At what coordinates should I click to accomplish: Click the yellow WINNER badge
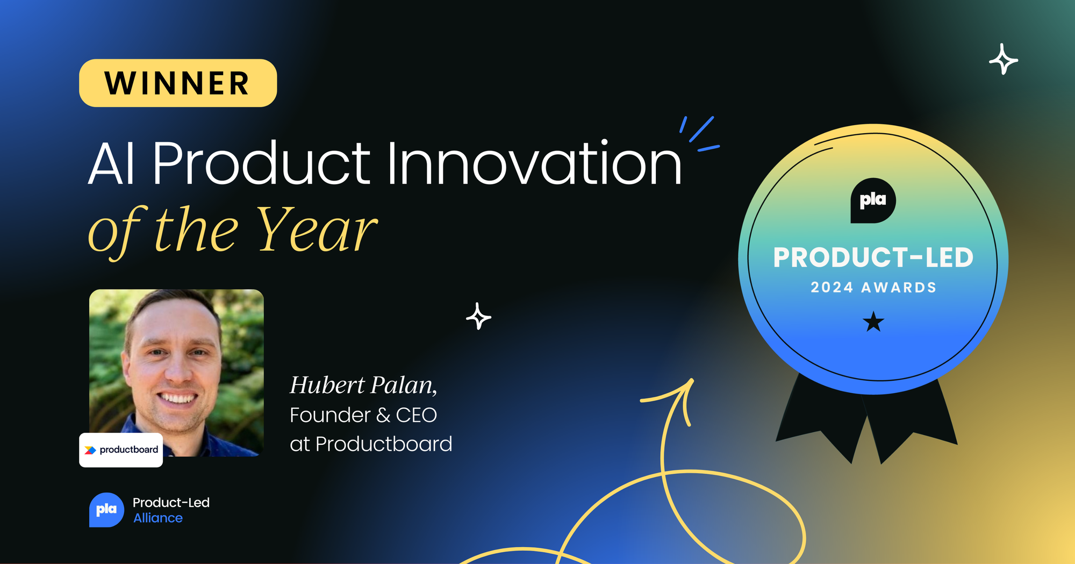click(x=178, y=83)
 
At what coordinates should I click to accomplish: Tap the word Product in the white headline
click(x=261, y=162)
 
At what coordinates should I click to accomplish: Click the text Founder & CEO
click(x=363, y=415)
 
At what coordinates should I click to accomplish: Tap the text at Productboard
click(x=371, y=444)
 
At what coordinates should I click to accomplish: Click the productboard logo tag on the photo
click(x=121, y=450)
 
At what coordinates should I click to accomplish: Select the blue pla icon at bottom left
click(x=106, y=510)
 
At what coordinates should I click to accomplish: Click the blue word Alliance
click(x=158, y=518)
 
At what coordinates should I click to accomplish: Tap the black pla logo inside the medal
click(x=873, y=200)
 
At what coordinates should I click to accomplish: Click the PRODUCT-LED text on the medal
click(x=873, y=257)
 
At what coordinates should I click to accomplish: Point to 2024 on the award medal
click(x=832, y=287)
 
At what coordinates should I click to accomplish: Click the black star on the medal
click(x=873, y=322)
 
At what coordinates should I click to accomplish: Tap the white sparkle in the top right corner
click(x=1004, y=59)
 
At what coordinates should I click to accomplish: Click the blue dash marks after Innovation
click(x=699, y=134)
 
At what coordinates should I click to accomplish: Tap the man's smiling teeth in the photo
click(x=178, y=398)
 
